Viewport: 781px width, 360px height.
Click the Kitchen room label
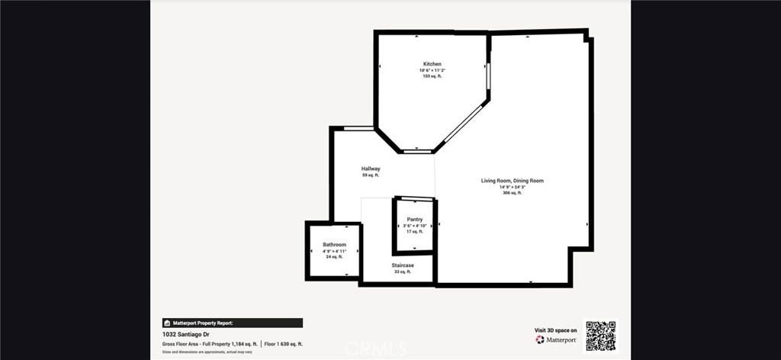click(432, 64)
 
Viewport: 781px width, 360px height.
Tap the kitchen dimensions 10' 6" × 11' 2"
click(432, 71)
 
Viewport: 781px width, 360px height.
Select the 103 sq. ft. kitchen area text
click(432, 77)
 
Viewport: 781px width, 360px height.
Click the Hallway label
click(371, 169)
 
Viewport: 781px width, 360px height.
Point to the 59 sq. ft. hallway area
click(371, 175)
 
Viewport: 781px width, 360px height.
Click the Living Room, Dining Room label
click(512, 181)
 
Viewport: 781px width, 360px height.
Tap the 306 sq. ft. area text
click(512, 194)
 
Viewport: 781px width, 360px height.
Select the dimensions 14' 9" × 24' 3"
click(512, 188)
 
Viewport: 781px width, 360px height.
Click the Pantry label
click(415, 220)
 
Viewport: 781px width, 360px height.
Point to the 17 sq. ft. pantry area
click(415, 232)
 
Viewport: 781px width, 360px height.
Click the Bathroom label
click(334, 245)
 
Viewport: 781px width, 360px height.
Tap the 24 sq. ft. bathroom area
click(334, 257)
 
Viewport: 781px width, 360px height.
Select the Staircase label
click(403, 265)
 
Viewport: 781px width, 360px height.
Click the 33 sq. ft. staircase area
click(403, 272)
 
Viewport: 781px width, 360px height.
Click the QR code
click(600, 336)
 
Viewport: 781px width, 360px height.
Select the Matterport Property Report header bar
click(232, 323)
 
